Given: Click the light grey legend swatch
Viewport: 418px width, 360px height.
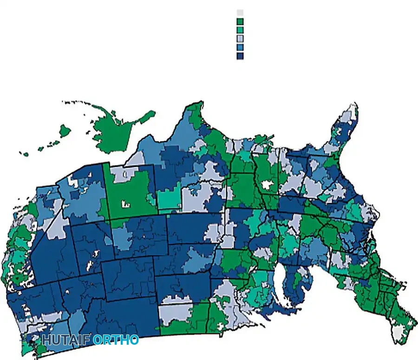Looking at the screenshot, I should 240,13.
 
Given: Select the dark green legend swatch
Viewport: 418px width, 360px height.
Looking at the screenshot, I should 240,21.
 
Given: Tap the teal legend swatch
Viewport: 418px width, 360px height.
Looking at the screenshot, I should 240,30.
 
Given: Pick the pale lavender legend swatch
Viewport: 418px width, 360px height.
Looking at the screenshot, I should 240,39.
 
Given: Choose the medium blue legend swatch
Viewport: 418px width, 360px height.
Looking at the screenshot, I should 240,47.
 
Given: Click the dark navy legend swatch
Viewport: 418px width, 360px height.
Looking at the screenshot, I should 240,56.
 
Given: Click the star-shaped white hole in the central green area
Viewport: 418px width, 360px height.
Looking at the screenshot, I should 267,185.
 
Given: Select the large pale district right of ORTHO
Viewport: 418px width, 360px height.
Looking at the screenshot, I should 176,311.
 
